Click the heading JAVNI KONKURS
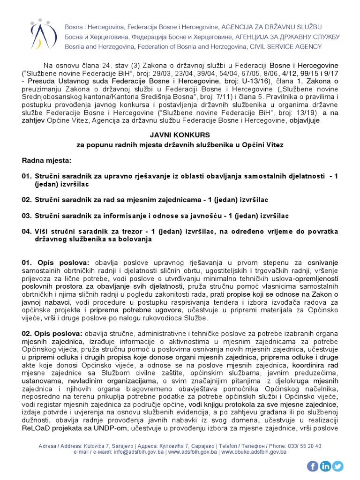[180, 135]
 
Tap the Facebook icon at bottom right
[313, 466]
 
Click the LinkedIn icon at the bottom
[325, 466]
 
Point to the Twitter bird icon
[337, 466]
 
